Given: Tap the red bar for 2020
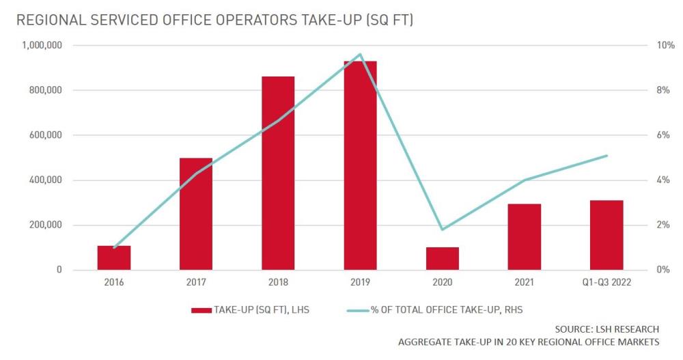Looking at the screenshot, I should click(442, 258).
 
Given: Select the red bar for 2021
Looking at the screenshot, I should click(524, 236).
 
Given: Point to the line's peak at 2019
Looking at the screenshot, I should click(360, 55).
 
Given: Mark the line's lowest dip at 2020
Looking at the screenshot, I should click(442, 229).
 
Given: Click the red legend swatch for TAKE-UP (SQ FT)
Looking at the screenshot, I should click(201, 310).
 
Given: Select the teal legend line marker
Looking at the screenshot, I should click(357, 310).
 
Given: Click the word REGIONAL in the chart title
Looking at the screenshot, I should click(48, 20).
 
